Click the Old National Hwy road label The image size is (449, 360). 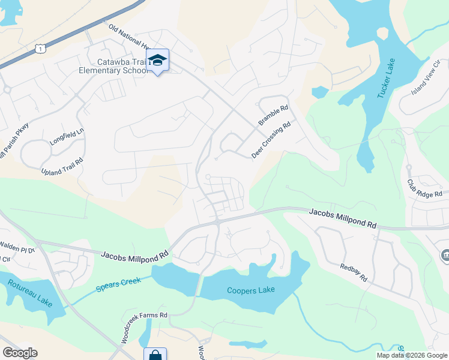129,37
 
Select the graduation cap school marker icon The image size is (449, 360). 158,60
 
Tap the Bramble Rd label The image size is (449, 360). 274,115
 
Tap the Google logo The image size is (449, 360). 20,352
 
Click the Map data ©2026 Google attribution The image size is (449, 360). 411,355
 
